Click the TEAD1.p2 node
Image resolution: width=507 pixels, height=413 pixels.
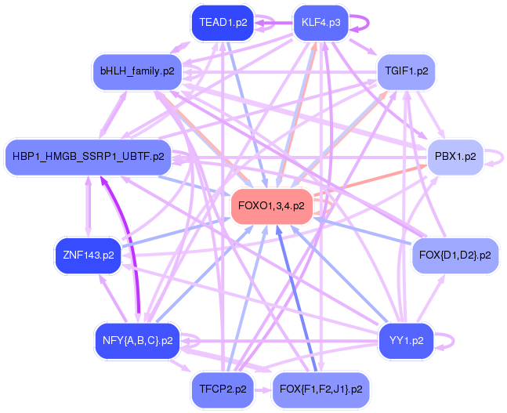coord(223,23)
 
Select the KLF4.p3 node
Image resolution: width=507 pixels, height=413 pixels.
coord(320,23)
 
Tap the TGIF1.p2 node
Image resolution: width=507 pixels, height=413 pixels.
coord(407,71)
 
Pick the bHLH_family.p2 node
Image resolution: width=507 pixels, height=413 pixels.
coord(137,71)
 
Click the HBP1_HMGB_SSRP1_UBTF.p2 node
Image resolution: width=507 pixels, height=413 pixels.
coord(88,157)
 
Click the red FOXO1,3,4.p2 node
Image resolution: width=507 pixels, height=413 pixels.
coord(271,206)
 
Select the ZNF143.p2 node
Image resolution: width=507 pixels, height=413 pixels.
coord(89,255)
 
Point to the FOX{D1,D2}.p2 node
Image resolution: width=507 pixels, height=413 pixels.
coord(454,255)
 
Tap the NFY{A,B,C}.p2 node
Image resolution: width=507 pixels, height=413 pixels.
coord(137,341)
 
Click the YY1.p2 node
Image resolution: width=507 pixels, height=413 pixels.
coord(406,341)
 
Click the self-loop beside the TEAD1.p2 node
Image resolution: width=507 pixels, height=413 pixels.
coord(266,24)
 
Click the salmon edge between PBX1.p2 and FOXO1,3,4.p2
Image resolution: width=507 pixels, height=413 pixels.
coord(368,181)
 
